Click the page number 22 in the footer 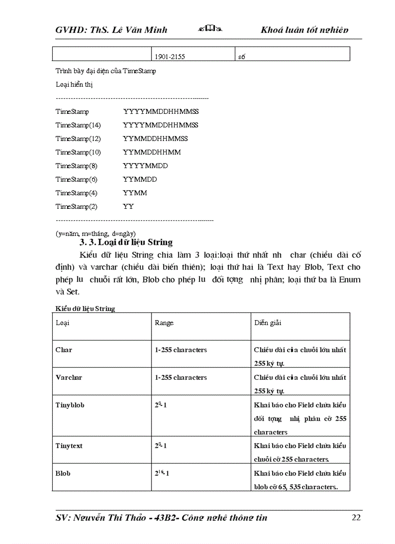(x=355, y=517)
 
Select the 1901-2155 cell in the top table (x=170, y=57)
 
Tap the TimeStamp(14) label (x=78, y=125)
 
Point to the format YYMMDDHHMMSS (x=155, y=139)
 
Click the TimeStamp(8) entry (x=76, y=166)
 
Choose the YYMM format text (x=135, y=193)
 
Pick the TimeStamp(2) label (x=76, y=206)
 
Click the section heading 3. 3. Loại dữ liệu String (x=126, y=242)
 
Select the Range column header (x=164, y=323)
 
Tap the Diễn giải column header (x=267, y=323)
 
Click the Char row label (x=63, y=350)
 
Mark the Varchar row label (x=69, y=377)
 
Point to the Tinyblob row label (x=70, y=405)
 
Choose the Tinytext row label (x=69, y=446)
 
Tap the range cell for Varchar (x=181, y=377)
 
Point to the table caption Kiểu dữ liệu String (x=85, y=308)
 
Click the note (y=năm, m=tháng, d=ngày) (x=95, y=233)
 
